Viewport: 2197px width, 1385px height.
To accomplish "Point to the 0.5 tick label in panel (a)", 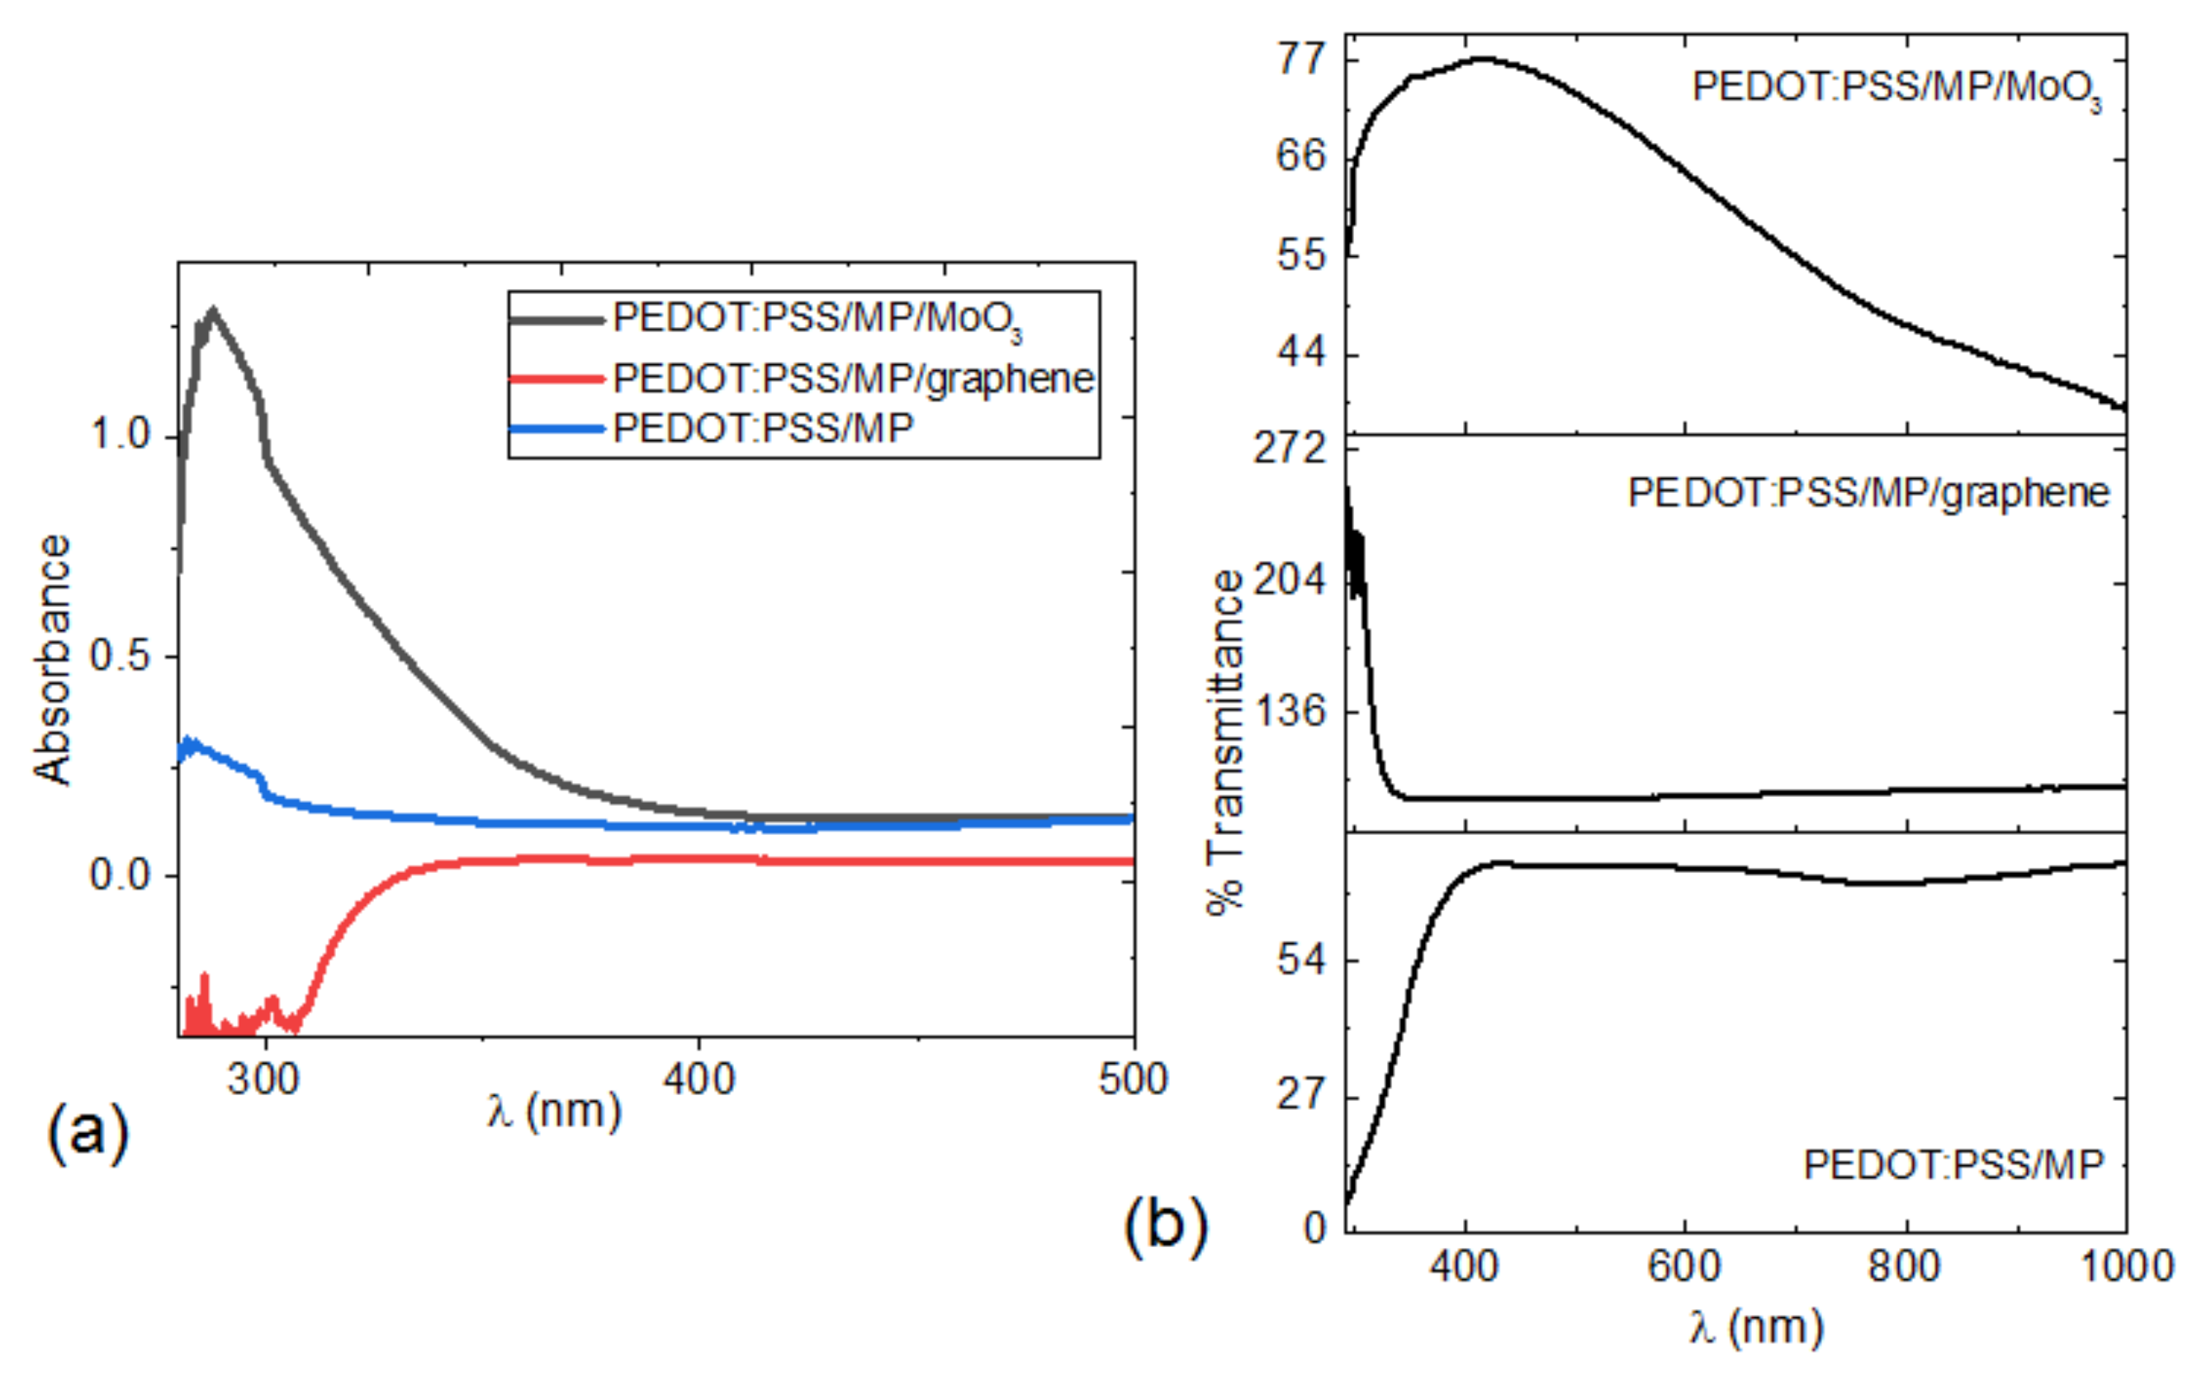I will click(120, 655).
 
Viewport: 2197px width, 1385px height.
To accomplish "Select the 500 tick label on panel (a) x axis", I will click(1132, 1079).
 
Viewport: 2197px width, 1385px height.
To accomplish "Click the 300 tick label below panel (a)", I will click(263, 1079).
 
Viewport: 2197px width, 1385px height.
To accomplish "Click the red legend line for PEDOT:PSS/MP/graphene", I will click(556, 377).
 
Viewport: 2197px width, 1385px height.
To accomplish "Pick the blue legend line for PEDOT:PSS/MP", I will click(556, 428).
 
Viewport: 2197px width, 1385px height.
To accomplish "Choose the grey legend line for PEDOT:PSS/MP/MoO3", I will click(556, 320).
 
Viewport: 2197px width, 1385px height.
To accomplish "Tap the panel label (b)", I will click(1165, 1225).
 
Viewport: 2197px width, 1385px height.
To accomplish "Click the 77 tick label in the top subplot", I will click(1300, 59).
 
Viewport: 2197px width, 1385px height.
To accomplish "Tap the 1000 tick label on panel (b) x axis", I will click(2126, 1266).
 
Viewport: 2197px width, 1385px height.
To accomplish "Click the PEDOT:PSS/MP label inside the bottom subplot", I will click(1953, 1165).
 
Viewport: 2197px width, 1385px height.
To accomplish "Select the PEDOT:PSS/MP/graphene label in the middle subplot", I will click(1868, 493).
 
